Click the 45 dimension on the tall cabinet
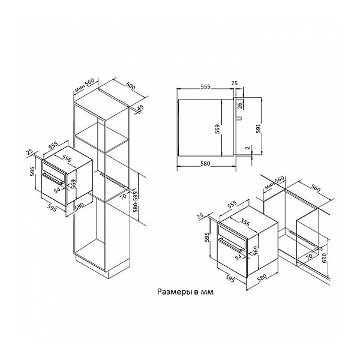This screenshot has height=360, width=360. coord(140,108)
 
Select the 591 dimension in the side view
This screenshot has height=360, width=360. coord(259,128)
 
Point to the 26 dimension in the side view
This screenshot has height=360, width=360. coord(239,105)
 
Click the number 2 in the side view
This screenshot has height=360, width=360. coord(247,148)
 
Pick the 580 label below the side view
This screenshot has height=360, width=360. coord(205,163)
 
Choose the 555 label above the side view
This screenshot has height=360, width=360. coord(205,87)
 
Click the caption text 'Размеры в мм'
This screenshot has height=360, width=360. coord(185,292)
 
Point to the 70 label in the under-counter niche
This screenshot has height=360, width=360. coord(310,256)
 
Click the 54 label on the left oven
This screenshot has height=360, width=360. coord(57,190)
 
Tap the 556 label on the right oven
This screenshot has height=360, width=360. coord(245,222)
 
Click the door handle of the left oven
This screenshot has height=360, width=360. coord(53,179)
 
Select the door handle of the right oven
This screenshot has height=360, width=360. coord(230,245)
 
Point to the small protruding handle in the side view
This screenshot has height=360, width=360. coord(239,118)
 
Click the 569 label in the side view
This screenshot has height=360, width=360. coord(217,129)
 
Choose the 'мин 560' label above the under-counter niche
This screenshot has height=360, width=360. coord(274,183)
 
